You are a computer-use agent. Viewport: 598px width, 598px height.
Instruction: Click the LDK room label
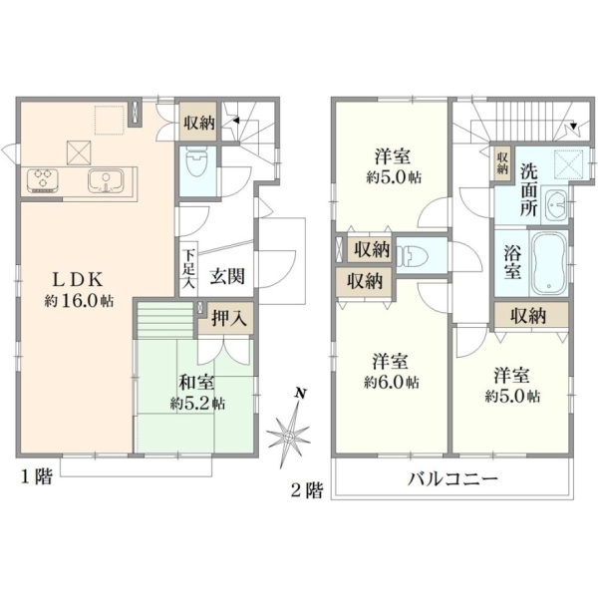[78, 281]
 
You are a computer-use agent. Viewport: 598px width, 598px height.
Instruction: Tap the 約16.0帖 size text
[79, 302]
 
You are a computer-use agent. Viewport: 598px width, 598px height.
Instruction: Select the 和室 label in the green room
[196, 383]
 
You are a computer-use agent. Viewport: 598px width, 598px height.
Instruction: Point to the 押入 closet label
[227, 318]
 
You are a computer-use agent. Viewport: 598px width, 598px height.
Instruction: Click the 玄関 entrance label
[227, 275]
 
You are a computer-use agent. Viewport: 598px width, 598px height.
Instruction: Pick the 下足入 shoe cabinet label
[188, 268]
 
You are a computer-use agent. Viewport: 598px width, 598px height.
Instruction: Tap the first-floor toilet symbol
[196, 163]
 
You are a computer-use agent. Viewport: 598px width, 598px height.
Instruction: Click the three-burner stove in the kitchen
[43, 179]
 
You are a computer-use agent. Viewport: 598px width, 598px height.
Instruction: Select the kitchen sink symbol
[106, 180]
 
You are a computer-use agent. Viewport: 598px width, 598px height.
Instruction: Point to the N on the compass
[301, 394]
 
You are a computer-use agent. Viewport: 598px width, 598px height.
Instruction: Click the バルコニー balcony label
[452, 478]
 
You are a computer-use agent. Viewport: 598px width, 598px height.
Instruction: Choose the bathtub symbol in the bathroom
[549, 263]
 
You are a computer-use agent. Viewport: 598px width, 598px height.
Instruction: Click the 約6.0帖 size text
[392, 382]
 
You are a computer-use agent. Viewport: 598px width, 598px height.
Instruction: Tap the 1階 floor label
[36, 476]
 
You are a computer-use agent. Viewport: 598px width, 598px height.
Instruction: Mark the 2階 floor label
[307, 490]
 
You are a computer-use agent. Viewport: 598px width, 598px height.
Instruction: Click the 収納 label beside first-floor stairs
[199, 123]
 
